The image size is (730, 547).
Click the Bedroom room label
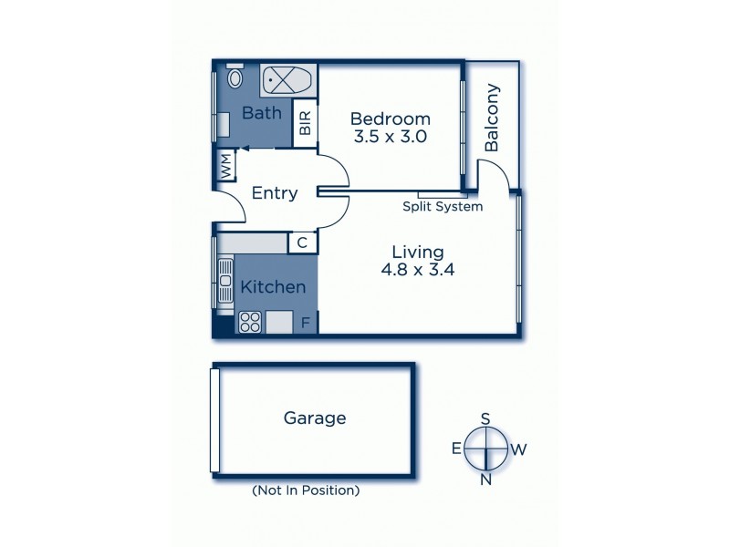pos(390,119)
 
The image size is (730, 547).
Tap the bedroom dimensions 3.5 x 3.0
pos(390,137)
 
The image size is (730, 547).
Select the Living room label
pos(417,252)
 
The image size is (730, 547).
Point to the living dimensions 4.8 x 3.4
pos(417,270)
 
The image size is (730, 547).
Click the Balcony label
pos(493,118)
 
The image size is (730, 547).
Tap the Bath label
pos(262,113)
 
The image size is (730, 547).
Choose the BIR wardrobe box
pos(305,122)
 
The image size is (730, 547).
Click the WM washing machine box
pos(224,166)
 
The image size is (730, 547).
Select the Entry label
pos(274,192)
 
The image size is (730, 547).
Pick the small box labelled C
pos(302,243)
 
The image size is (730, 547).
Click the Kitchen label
pos(272,287)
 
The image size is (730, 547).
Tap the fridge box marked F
pos(305,322)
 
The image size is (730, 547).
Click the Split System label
pos(443,207)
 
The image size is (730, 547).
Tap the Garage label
pos(315,418)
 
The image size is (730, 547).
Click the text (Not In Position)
pos(305,490)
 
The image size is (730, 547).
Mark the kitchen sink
pos(225,283)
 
